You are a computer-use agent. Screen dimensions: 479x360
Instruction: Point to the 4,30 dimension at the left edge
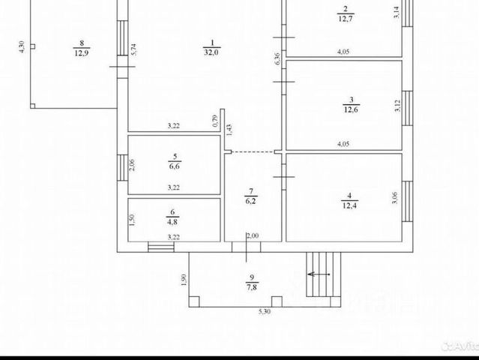[22, 46]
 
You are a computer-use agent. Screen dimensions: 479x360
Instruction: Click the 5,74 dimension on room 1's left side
[133, 51]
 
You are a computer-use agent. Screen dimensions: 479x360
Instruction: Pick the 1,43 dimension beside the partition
[230, 129]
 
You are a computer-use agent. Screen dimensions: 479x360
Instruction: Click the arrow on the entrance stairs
[321, 274]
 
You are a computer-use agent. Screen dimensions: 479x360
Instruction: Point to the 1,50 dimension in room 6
[132, 220]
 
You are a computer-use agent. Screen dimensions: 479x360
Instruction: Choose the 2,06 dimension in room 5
[132, 166]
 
